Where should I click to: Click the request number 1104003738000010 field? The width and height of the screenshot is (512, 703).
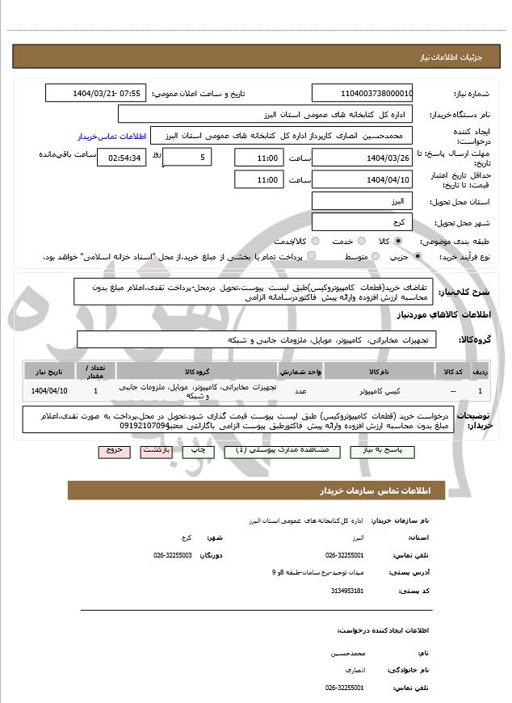pyautogui.click(x=362, y=93)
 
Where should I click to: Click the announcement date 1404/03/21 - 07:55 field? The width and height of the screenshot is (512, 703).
pyautogui.click(x=95, y=93)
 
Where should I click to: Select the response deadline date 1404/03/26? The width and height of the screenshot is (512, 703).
pyautogui.click(x=362, y=158)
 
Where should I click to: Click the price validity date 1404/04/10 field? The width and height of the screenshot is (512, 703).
pyautogui.click(x=362, y=179)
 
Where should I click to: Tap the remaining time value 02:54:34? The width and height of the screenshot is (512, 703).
pyautogui.click(x=122, y=158)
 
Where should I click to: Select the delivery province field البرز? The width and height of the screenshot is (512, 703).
pyautogui.click(x=362, y=200)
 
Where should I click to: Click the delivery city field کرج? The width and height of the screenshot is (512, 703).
pyautogui.click(x=362, y=221)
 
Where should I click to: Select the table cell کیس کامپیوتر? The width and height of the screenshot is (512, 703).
pyautogui.click(x=379, y=391)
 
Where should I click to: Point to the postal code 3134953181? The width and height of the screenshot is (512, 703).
pyautogui.click(x=348, y=591)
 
